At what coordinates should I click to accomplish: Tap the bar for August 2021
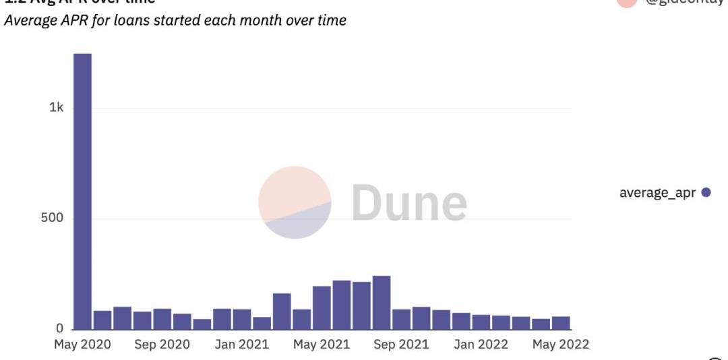382,303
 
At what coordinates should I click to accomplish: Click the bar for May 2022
561,323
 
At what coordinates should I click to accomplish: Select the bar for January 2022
481,322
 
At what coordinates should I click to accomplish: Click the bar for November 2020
202,324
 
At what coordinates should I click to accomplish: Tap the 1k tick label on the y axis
57,108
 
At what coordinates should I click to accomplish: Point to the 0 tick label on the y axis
59,329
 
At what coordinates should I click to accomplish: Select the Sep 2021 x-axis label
401,344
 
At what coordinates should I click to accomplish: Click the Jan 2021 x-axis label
241,344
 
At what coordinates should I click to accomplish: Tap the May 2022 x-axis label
561,344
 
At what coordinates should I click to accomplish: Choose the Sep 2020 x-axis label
162,344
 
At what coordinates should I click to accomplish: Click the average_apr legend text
657,193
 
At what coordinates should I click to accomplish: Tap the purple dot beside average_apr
706,193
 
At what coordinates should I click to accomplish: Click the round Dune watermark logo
295,202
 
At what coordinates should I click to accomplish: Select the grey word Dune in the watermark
409,202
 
